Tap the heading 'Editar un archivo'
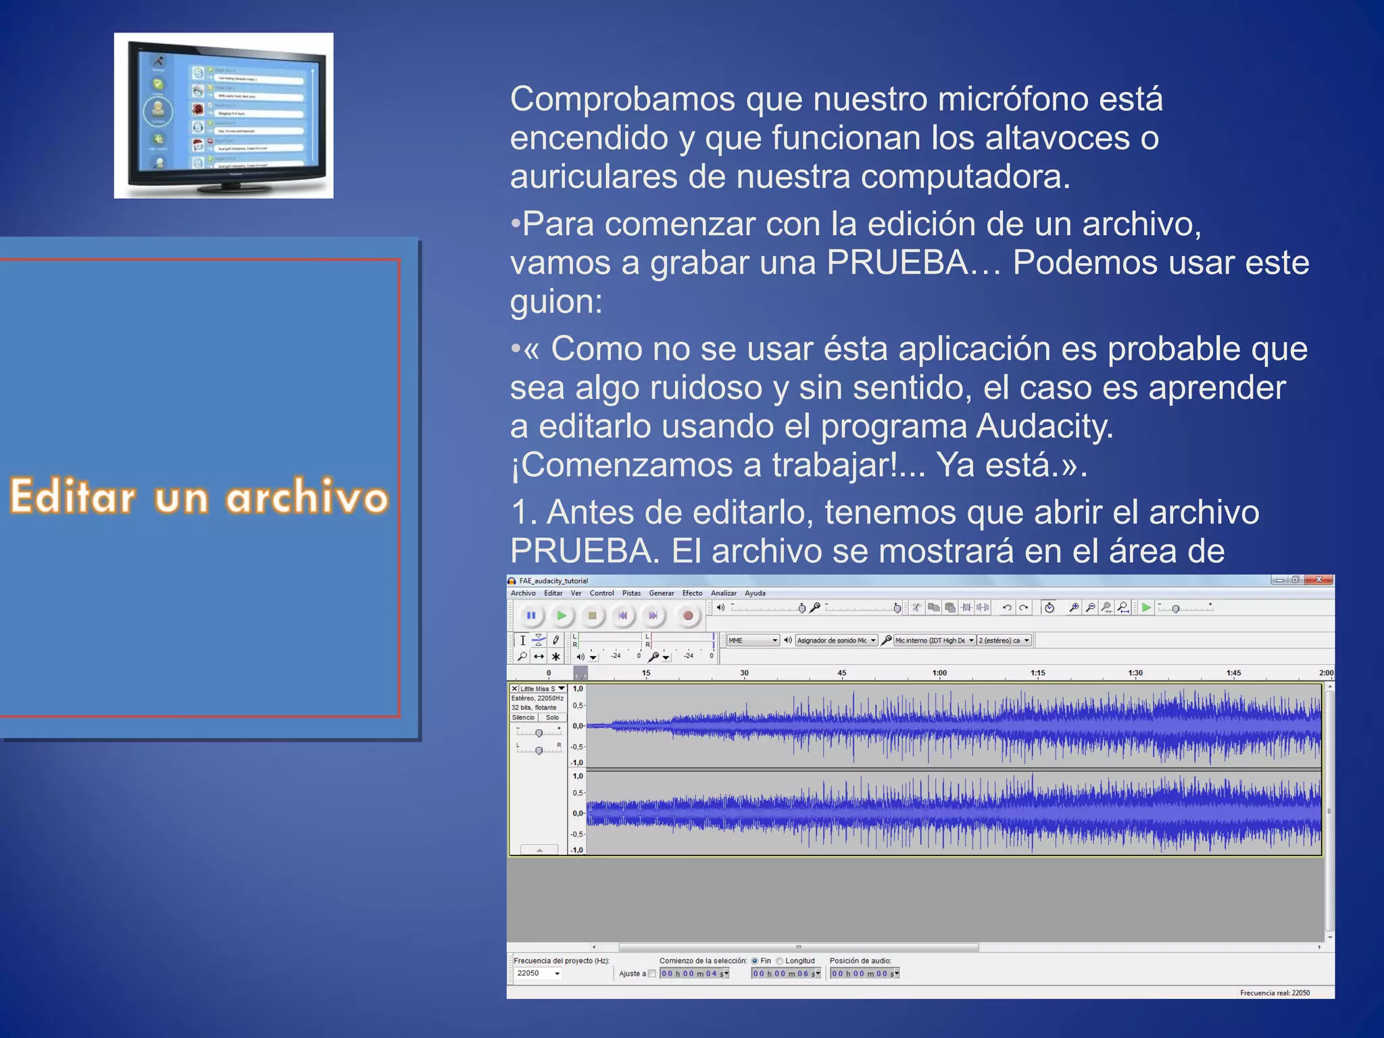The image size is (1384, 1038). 199,497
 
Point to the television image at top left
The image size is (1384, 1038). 224,116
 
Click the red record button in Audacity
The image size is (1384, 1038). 687,616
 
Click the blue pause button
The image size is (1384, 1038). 531,616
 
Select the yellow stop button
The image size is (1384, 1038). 592,616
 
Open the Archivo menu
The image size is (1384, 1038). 523,593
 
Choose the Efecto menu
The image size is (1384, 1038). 692,593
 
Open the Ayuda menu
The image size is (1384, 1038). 755,593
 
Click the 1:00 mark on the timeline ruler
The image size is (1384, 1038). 939,673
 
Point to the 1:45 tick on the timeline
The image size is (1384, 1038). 1233,673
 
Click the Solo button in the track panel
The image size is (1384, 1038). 552,718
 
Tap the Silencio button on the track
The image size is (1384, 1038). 524,718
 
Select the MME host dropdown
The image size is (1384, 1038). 753,641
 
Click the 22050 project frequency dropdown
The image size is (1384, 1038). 538,974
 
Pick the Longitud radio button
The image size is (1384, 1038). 780,961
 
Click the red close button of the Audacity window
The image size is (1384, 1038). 1318,580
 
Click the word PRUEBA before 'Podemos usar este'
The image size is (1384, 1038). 897,263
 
